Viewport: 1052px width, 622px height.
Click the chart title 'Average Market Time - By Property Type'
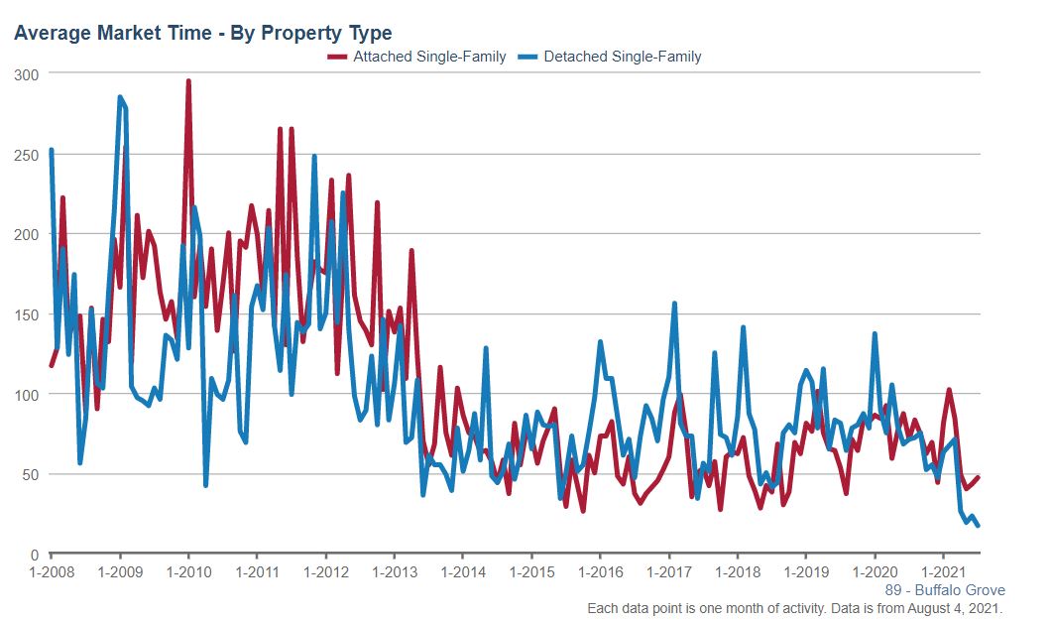[203, 34]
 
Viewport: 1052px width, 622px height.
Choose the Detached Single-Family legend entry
[622, 57]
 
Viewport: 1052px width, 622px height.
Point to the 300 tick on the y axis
[27, 73]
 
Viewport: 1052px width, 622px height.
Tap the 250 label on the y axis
[27, 154]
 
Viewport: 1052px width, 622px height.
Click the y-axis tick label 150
[27, 314]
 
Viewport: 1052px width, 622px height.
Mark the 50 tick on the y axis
[30, 474]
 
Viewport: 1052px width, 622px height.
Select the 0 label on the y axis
[34, 555]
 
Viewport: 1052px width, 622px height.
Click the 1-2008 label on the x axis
[51, 572]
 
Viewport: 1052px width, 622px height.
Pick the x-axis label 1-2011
[257, 572]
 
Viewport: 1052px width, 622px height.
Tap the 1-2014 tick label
[463, 572]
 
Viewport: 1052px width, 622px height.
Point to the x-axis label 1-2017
[669, 572]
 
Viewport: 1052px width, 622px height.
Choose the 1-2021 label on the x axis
[943, 572]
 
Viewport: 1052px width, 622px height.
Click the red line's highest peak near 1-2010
[188, 82]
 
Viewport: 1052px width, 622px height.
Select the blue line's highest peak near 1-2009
[120, 97]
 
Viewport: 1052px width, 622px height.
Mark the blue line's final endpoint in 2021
[979, 525]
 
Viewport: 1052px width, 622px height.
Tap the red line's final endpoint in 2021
[979, 477]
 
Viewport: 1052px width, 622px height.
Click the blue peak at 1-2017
[674, 304]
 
